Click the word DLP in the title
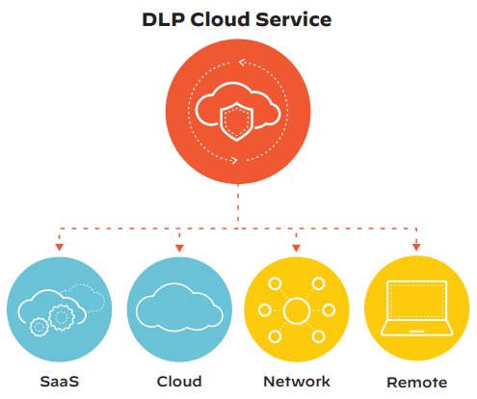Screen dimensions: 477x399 coord(164,19)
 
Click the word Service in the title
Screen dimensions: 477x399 coord(293,19)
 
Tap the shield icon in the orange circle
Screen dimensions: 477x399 coord(237,121)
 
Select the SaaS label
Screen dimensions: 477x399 coord(60,382)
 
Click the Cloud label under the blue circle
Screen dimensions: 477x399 coord(179,382)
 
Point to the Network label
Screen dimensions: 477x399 coord(297,382)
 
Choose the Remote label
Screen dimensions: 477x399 coord(416,383)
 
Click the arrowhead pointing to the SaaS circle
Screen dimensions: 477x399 coord(59,247)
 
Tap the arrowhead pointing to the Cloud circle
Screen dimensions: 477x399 coord(179,248)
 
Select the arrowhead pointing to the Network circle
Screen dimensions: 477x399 coord(296,248)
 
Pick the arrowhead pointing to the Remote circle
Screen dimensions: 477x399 coord(416,247)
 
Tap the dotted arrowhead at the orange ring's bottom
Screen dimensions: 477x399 coord(234,160)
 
